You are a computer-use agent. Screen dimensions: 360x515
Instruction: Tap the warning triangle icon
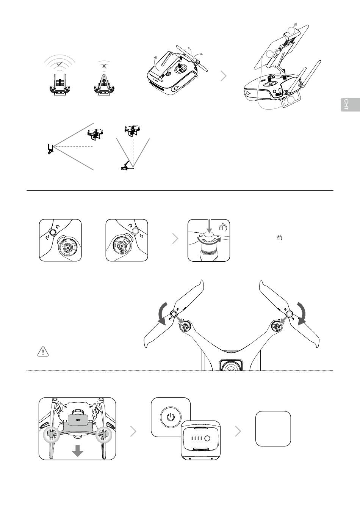coord(43,352)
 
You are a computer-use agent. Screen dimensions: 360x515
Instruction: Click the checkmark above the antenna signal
coord(59,65)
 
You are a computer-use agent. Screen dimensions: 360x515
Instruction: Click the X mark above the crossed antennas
coord(104,66)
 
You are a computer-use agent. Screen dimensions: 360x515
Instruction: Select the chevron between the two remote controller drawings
coord(224,76)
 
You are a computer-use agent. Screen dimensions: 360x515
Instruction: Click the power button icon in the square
coord(171,417)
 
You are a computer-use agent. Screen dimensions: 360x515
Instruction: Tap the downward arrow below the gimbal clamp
coord(78,451)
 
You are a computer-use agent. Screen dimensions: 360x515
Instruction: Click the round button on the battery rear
coord(207,438)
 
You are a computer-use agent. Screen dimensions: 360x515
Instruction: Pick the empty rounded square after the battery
coord(273,429)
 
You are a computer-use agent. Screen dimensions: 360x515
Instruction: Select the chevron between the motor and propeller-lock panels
coord(175,239)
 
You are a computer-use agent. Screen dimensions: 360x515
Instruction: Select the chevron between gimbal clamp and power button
coord(133,431)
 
